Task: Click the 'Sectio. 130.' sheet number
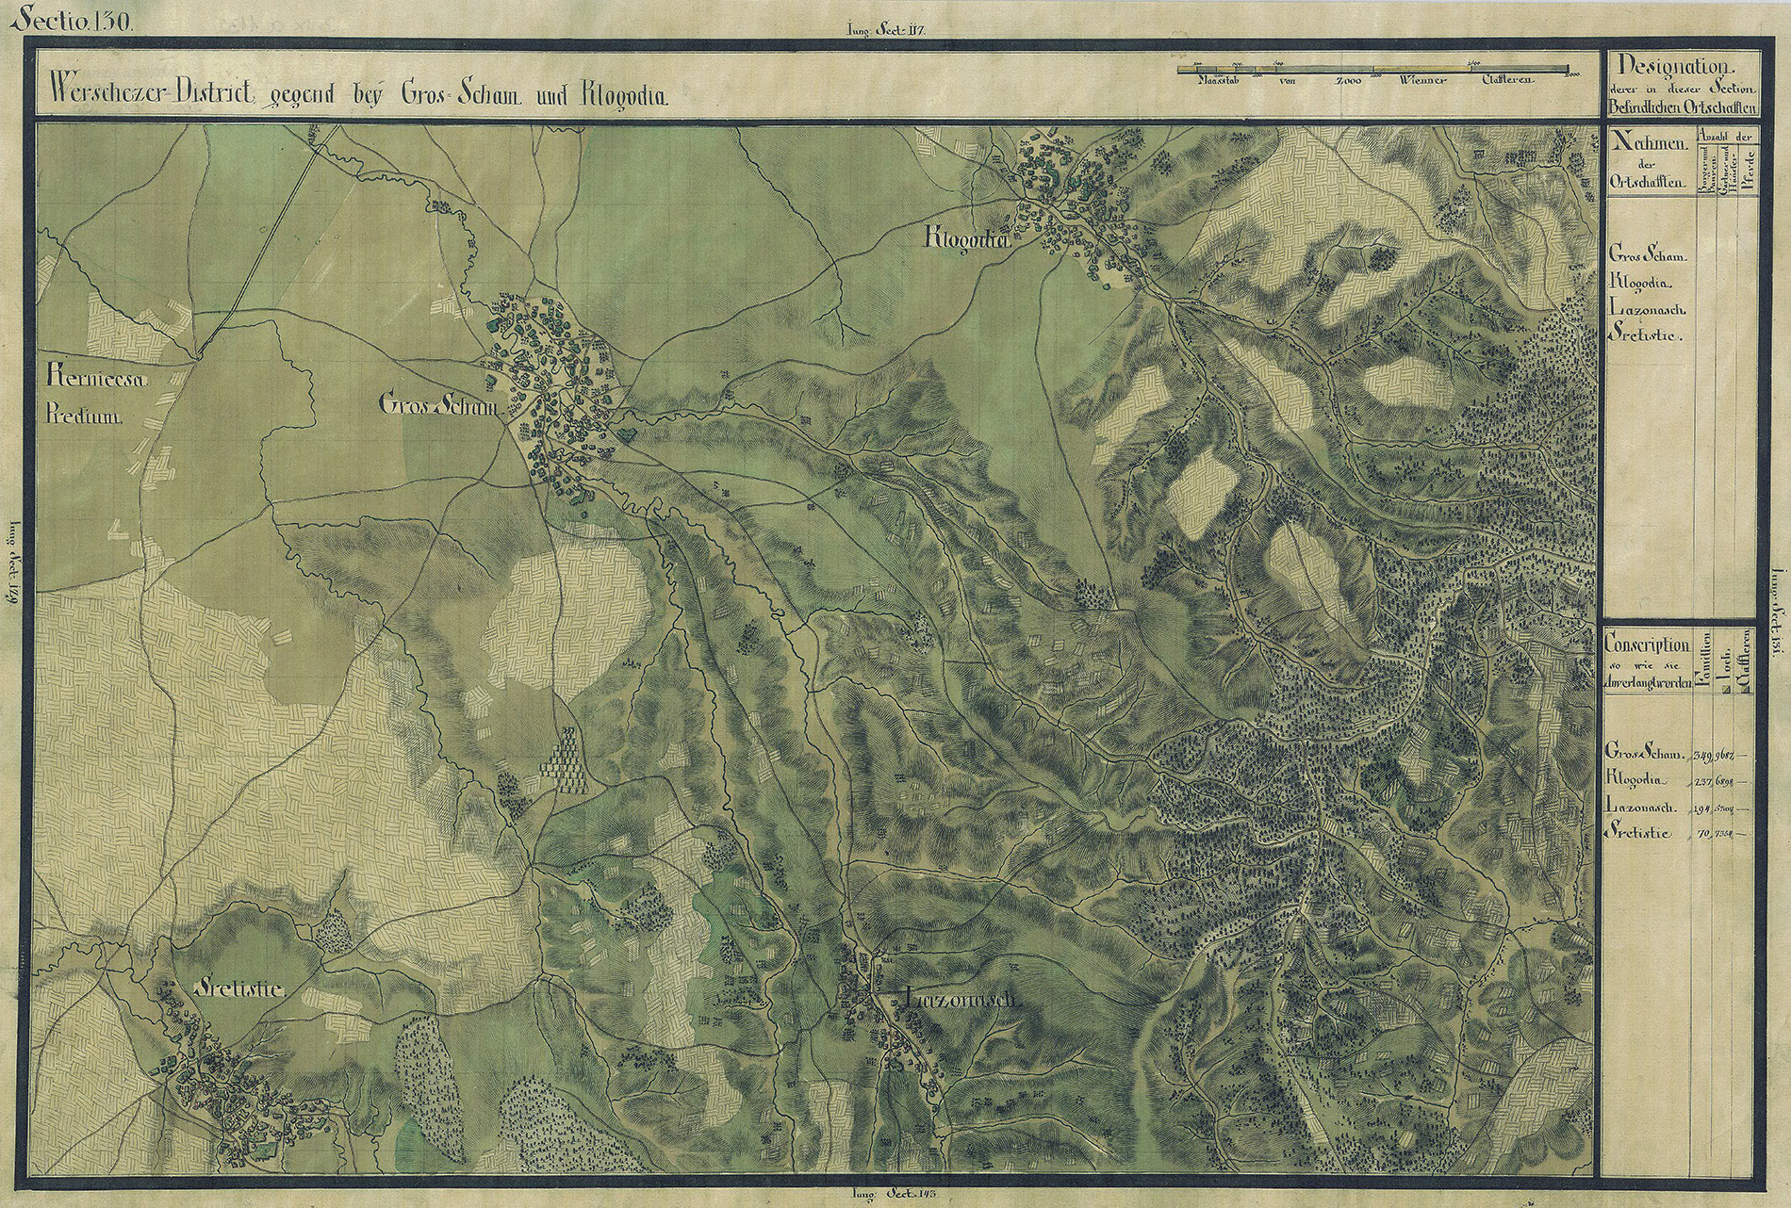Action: (73, 18)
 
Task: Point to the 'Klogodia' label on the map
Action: (967, 242)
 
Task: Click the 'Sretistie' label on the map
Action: (238, 988)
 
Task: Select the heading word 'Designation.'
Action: (1674, 66)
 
